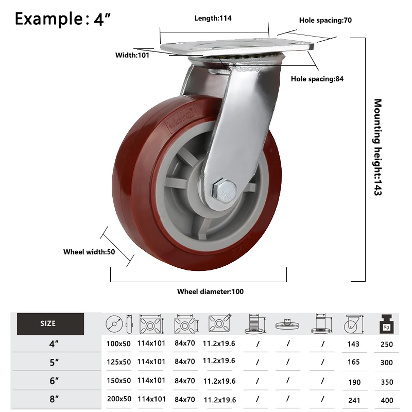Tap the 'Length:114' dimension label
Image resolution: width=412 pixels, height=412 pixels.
pyautogui.click(x=213, y=18)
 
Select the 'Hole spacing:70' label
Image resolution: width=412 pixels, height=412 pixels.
pyautogui.click(x=325, y=21)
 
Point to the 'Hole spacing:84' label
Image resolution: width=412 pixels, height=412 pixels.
pyautogui.click(x=317, y=79)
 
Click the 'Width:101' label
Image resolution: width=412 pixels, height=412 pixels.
pyautogui.click(x=132, y=55)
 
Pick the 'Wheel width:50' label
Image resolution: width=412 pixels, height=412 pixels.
pyautogui.click(x=89, y=252)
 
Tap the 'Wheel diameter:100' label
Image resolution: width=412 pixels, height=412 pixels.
pyautogui.click(x=210, y=291)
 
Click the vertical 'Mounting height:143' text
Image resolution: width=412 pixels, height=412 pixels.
pyautogui.click(x=378, y=147)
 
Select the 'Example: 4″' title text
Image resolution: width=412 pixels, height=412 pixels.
pyautogui.click(x=62, y=19)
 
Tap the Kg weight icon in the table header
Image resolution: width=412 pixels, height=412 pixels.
pyautogui.click(x=386, y=324)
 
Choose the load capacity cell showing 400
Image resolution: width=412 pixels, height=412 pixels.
pyautogui.click(x=386, y=400)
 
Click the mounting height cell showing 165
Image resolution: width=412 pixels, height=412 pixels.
pyautogui.click(x=353, y=362)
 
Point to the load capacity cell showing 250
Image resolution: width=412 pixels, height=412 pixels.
pyautogui.click(x=386, y=344)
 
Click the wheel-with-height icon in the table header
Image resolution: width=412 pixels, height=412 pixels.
pyautogui.click(x=354, y=324)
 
